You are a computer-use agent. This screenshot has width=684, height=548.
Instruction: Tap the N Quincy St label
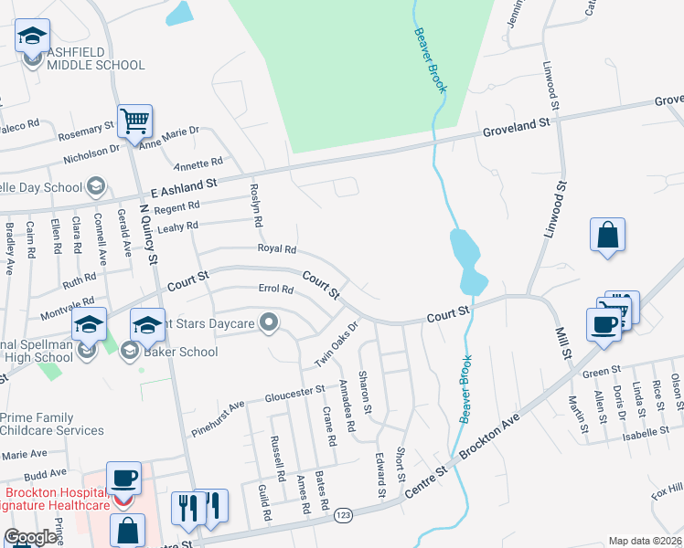[150, 235]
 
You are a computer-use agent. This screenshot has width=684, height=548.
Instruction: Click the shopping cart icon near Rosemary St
[134, 121]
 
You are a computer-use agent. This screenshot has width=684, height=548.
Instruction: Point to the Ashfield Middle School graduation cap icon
[32, 37]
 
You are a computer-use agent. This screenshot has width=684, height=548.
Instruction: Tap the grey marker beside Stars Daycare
[269, 321]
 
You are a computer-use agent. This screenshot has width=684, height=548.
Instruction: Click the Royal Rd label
[277, 248]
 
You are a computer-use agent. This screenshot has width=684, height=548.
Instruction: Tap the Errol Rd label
[274, 290]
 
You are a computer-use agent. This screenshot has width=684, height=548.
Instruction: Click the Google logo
[30, 538]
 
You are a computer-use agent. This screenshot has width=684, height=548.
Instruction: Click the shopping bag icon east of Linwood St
[607, 236]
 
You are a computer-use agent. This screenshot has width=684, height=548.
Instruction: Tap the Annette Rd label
[198, 163]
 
